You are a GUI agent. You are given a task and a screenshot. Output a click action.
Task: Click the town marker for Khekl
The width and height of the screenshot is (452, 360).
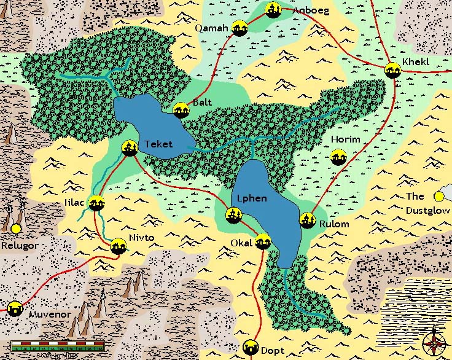[392, 71]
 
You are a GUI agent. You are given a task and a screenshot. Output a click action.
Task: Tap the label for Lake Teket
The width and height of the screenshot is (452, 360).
[159, 144]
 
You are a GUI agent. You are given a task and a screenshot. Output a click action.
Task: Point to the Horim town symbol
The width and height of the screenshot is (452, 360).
[338, 157]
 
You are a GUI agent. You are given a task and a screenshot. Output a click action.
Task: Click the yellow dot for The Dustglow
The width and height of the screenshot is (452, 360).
[438, 197]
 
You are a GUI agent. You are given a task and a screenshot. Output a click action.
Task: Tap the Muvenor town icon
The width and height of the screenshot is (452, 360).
[15, 307]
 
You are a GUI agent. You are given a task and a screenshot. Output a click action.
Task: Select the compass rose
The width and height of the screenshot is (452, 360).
[434, 340]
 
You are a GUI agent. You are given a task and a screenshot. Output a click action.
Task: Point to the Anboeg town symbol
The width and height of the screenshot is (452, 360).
[274, 10]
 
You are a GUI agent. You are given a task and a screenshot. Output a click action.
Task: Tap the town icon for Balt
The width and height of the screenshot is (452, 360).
[181, 110]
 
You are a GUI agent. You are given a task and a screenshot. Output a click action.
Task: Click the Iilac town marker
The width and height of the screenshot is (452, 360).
[96, 203]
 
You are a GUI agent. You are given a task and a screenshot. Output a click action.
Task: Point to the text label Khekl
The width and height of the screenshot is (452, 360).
[417, 62]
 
